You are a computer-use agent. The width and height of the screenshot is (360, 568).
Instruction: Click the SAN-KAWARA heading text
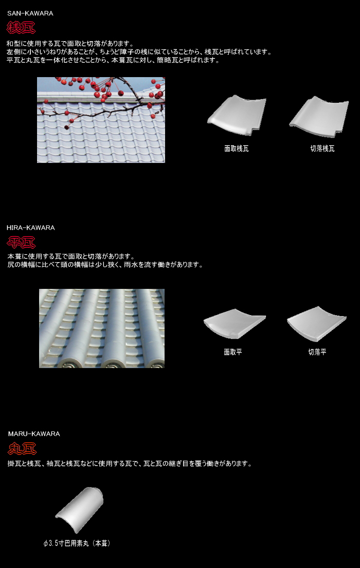click(30, 13)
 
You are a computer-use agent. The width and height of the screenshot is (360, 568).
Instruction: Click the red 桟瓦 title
click(21, 28)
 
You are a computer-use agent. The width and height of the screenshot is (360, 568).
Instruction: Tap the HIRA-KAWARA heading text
click(31, 228)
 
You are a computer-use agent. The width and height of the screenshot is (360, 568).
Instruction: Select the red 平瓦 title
click(21, 242)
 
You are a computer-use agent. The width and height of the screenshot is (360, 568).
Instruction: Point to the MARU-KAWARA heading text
click(34, 434)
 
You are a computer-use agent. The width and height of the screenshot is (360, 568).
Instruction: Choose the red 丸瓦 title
click(22, 449)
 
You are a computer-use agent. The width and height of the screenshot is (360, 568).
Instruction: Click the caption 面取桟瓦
click(237, 149)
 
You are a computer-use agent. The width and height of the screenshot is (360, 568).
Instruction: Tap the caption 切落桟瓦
click(322, 149)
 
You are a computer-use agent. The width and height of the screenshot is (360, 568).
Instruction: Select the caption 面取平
click(233, 352)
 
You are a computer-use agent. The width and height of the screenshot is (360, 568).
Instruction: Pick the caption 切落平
click(317, 352)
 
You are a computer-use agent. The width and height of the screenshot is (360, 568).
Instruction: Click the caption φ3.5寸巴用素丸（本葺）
click(77, 543)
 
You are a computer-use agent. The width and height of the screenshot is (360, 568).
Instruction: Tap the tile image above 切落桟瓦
click(319, 117)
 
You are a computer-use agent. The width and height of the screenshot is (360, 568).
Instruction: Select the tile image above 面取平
click(235, 323)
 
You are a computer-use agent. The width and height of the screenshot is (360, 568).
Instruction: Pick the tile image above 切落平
click(316, 323)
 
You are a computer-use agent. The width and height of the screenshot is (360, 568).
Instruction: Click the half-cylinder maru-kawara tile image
click(79, 509)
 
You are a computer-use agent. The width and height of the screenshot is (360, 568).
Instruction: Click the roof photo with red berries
click(101, 120)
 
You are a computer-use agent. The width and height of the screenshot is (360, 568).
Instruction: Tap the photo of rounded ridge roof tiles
click(102, 328)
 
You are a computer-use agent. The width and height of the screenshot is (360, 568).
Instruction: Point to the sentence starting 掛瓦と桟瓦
click(130, 464)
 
